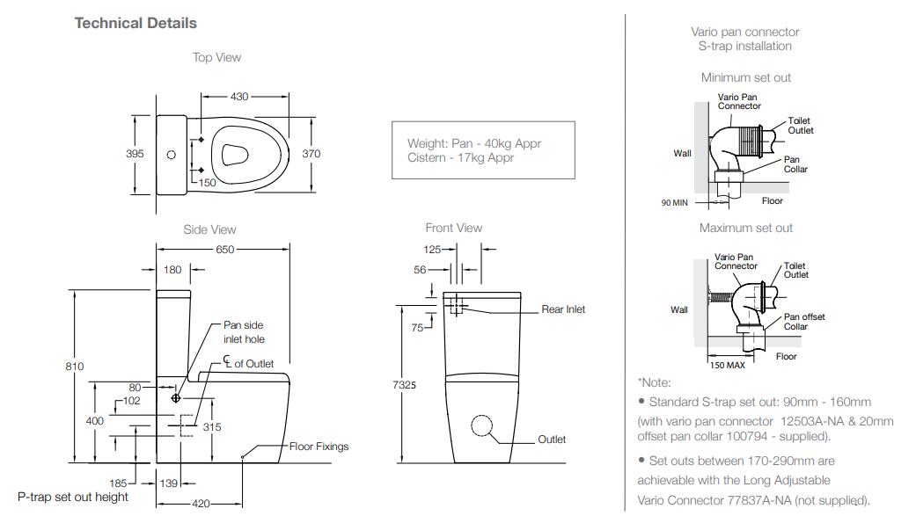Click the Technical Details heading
tap(136, 23)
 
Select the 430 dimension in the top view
tap(239, 97)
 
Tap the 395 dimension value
tap(135, 154)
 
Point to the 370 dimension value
tap(311, 154)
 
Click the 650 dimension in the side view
tap(225, 250)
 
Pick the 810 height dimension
tap(75, 367)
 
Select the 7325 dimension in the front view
tap(406, 384)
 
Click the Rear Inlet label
tap(563, 309)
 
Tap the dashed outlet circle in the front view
tap(483, 425)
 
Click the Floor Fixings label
tap(319, 447)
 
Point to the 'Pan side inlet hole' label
tap(244, 332)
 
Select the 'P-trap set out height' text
tap(73, 498)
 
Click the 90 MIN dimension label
tap(674, 203)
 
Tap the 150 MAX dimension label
tap(728, 365)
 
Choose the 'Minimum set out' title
tap(745, 77)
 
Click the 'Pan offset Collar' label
tap(803, 322)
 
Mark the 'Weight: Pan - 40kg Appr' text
tap(473, 144)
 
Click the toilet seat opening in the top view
tap(233, 155)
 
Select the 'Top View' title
tap(216, 57)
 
